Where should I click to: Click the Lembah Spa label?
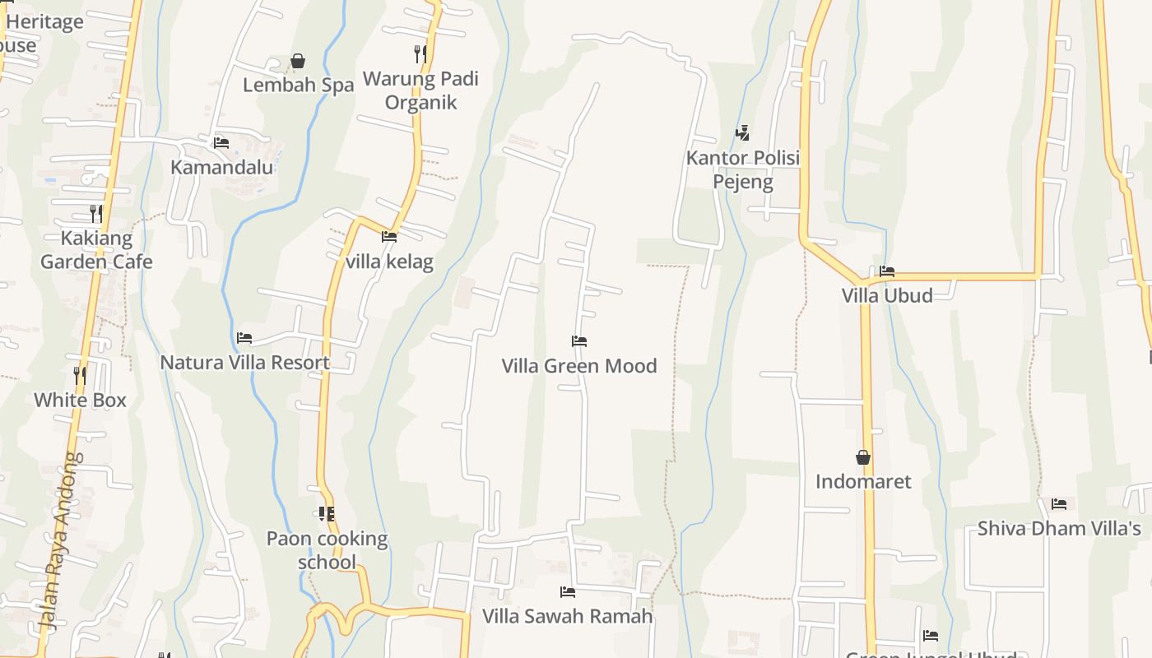[298, 85]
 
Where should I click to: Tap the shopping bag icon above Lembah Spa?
[298, 61]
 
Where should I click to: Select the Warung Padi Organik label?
[420, 90]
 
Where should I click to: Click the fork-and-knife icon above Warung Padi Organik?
[420, 54]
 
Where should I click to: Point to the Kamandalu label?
[221, 167]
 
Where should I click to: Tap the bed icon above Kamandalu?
[221, 142]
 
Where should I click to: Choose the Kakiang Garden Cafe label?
[96, 250]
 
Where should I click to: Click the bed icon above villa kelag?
[389, 237]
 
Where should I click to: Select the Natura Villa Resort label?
[244, 362]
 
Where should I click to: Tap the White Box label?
[80, 400]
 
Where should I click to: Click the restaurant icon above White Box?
[80, 375]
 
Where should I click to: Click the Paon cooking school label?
[327, 550]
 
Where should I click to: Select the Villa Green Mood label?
[579, 365]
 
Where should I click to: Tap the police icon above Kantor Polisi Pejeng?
[742, 132]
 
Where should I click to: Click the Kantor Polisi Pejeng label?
[743, 169]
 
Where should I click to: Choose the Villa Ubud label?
[887, 295]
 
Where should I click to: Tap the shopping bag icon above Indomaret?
[863, 457]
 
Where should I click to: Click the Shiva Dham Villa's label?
[1059, 528]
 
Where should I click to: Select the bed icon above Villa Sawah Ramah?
[567, 591]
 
